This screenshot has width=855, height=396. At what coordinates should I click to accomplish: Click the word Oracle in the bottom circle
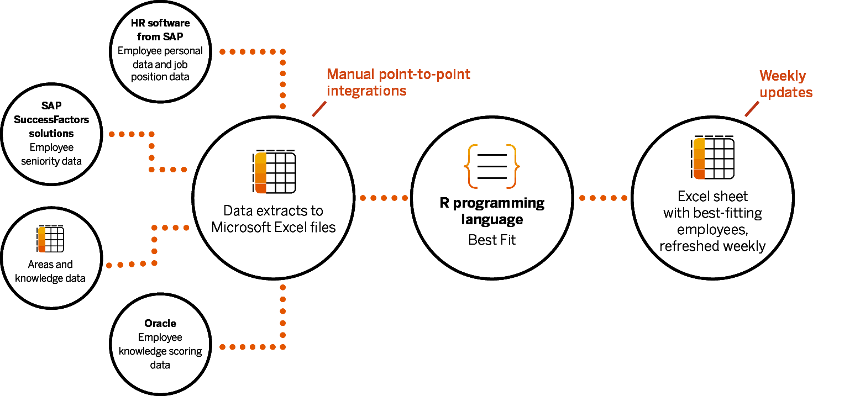coord(160,323)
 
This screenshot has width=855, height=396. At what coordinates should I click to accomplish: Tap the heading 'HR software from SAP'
coord(160,30)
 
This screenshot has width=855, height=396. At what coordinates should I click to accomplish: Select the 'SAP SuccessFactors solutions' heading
coord(51,119)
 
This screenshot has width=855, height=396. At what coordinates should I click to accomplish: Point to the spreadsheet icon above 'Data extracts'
coord(275,172)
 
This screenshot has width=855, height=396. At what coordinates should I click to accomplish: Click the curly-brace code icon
coord(492,165)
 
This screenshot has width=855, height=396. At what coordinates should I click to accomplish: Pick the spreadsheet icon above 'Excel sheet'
coord(712,157)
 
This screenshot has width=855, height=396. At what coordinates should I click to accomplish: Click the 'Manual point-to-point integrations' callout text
coord(398,82)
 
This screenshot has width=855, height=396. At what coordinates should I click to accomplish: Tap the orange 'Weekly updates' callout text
coord(785,84)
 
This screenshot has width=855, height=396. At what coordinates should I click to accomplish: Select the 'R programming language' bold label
coord(492,211)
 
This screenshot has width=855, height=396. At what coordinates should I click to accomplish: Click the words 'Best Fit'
coord(492,240)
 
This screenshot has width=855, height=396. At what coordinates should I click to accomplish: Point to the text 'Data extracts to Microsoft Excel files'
coord(274,219)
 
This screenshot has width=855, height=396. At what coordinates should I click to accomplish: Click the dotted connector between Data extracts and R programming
coord(384,198)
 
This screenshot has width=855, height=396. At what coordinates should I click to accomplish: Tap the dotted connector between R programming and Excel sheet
coord(603,198)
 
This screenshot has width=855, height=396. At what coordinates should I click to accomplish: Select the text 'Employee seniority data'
coord(51,155)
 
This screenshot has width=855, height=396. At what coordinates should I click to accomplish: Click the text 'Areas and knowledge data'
coord(50,271)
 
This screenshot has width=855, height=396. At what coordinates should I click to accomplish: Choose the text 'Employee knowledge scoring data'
coord(160,351)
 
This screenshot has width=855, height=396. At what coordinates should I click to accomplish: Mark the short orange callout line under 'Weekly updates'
coord(752,109)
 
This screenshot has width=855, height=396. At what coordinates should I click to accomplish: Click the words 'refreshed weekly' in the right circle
coord(712,246)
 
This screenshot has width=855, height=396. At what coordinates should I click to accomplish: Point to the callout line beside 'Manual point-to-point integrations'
coord(319,109)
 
